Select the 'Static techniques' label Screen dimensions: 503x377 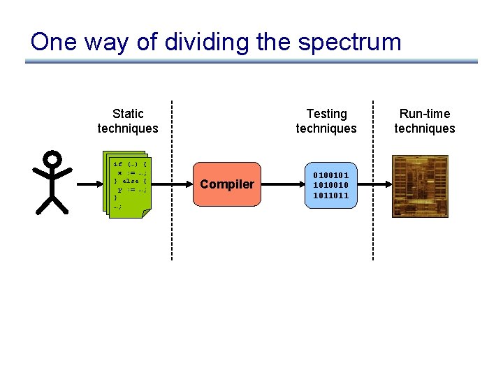(x=128, y=121)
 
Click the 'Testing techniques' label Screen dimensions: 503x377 (x=326, y=121)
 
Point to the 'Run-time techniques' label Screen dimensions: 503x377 (x=425, y=121)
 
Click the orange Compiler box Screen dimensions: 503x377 (x=227, y=184)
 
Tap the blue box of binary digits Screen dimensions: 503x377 (x=330, y=184)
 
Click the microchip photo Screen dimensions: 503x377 (x=419, y=184)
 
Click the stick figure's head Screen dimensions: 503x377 (x=53, y=159)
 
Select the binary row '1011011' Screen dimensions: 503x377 (x=331, y=195)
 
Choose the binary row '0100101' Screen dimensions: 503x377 (x=331, y=175)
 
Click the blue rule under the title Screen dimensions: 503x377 (x=251, y=61)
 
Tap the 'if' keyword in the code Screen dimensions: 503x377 (x=117, y=164)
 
